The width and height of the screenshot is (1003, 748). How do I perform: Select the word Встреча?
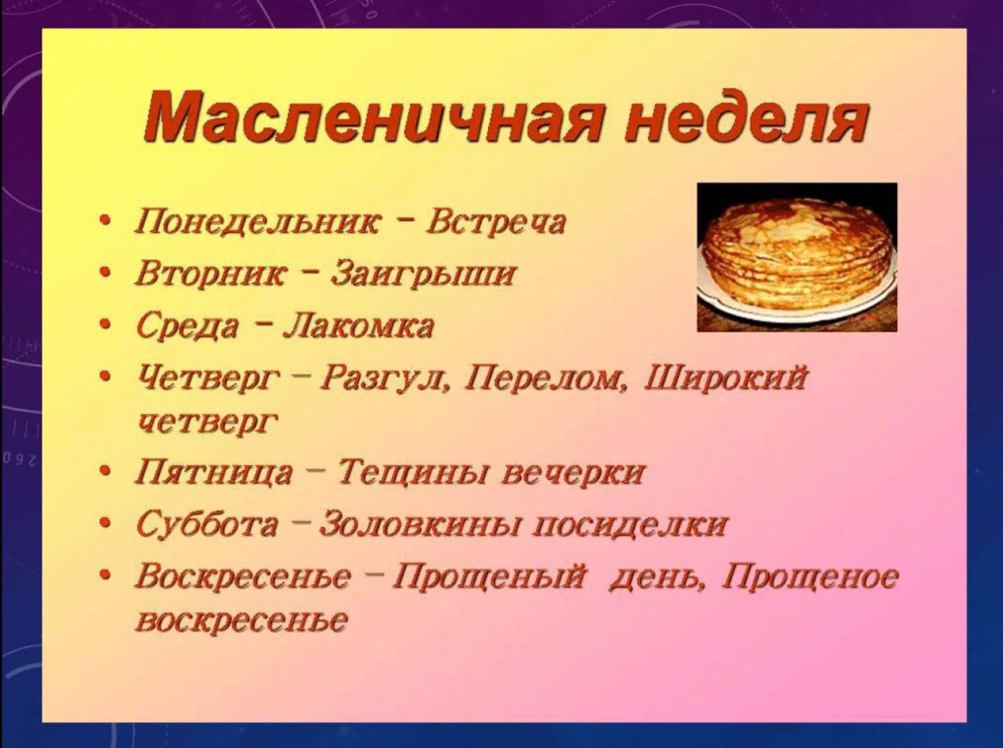click(496, 222)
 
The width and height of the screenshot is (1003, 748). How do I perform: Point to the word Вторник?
click(211, 274)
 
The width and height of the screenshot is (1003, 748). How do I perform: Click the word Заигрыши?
click(423, 274)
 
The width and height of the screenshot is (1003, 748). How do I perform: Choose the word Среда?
click(187, 325)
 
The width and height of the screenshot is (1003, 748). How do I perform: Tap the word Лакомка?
click(358, 325)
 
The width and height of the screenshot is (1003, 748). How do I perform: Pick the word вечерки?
click(572, 472)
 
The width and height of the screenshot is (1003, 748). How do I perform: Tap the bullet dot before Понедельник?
click(106, 221)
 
